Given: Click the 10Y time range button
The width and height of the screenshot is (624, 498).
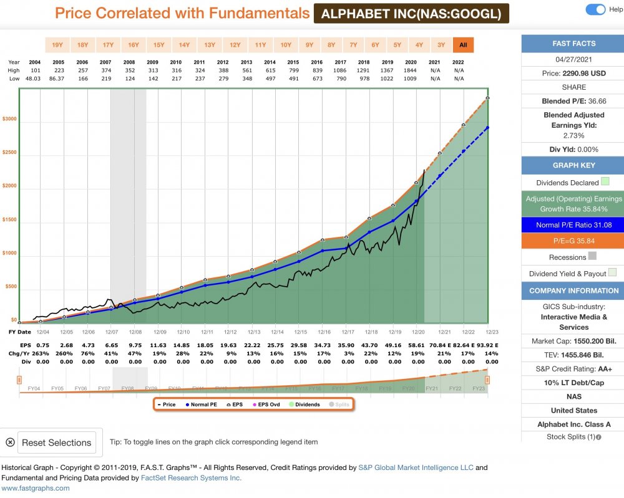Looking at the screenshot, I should point(286,45).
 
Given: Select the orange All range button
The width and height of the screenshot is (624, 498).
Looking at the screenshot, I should point(463,45).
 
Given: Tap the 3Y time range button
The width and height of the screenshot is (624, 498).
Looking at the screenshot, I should point(441,45).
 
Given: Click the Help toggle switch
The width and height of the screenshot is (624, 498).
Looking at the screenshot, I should point(596,9).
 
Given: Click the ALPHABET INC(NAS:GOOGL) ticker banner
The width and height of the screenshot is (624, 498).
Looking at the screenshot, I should point(411,14).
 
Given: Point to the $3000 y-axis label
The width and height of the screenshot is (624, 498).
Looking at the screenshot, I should point(9,119).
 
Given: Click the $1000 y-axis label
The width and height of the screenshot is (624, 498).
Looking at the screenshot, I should point(9,254).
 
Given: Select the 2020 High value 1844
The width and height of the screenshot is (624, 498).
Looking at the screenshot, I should point(411,70).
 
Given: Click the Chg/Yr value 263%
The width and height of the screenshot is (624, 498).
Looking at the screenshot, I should point(42,353).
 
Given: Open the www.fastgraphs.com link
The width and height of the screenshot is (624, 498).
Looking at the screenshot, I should point(35,488).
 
